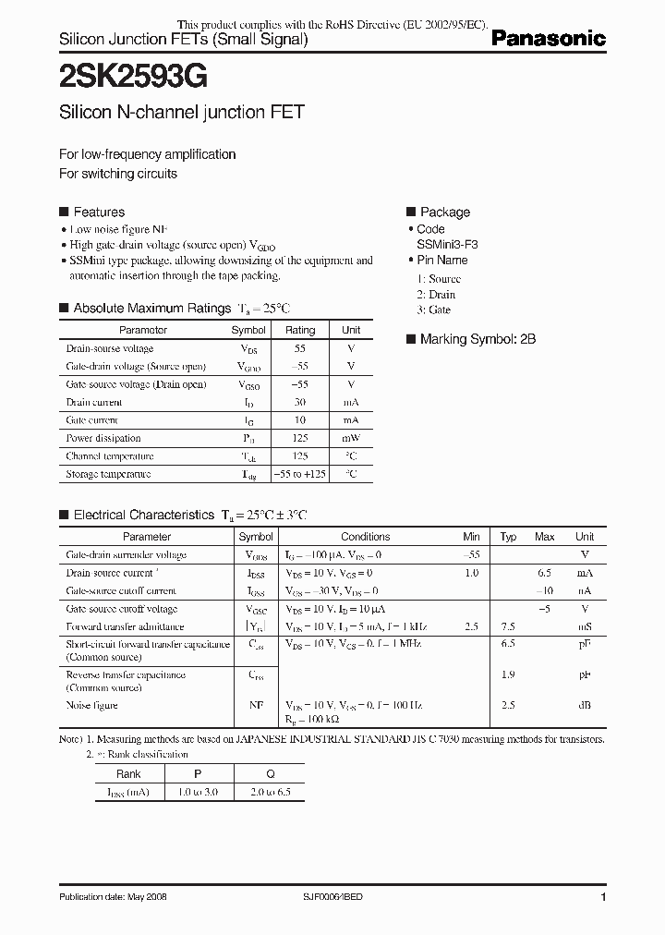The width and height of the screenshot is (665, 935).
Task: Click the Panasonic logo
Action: pyautogui.click(x=548, y=39)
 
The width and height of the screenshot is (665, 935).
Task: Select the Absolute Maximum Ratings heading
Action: pyautogui.click(x=151, y=309)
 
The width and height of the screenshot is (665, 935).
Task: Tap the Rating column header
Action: pyautogui.click(x=300, y=330)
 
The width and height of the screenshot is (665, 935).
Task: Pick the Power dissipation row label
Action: pyautogui.click(x=103, y=438)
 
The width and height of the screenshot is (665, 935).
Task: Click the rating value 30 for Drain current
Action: pyautogui.click(x=300, y=402)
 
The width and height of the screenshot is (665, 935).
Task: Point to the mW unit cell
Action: pyautogui.click(x=351, y=438)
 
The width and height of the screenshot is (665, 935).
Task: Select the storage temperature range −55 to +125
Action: pyautogui.click(x=300, y=474)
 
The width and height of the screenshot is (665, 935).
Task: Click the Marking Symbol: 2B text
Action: pyautogui.click(x=478, y=339)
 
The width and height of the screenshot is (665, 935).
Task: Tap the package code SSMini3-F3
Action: pyautogui.click(x=448, y=245)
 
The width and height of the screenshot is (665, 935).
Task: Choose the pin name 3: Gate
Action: pyautogui.click(x=434, y=310)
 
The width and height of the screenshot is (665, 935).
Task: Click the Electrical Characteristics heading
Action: pyautogui.click(x=143, y=515)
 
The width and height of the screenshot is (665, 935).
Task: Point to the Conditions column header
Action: pyautogui.click(x=366, y=537)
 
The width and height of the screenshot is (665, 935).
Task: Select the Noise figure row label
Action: pyautogui.click(x=92, y=705)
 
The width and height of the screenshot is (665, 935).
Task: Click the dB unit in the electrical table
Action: pyautogui.click(x=585, y=705)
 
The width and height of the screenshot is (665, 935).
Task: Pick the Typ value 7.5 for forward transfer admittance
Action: pyautogui.click(x=508, y=626)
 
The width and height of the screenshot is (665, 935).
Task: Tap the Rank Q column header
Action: pyautogui.click(x=271, y=774)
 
